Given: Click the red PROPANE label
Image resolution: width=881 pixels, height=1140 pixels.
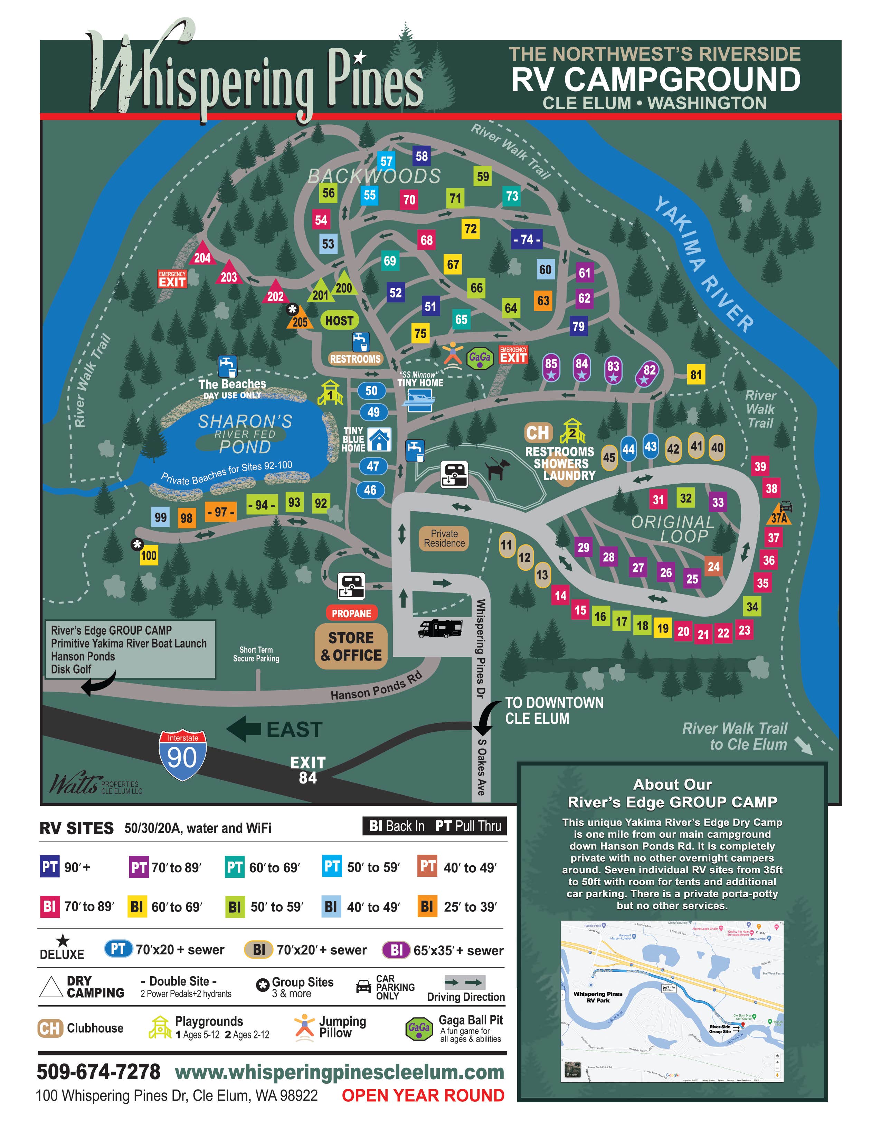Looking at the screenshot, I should (351, 613).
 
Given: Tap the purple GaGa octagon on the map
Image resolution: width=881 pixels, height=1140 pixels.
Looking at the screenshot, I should (480, 358).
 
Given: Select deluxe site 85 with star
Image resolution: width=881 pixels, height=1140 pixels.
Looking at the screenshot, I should (551, 368).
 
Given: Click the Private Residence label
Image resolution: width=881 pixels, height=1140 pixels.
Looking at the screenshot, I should (444, 538).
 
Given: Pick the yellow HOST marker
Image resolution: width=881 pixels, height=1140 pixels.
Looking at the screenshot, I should (339, 321).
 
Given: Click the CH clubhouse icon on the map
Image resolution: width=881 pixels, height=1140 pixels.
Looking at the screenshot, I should (538, 433).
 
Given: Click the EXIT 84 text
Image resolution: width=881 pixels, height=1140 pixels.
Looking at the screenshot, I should (307, 770).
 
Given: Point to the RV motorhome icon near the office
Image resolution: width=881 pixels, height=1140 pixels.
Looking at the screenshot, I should (441, 628).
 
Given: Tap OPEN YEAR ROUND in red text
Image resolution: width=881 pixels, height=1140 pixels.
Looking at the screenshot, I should (423, 1095).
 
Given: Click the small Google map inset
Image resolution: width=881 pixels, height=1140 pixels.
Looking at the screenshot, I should (672, 1001).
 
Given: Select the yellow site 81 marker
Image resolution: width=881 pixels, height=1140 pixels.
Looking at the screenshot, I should (696, 375).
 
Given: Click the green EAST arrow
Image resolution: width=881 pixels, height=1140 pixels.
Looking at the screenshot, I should (244, 729).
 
